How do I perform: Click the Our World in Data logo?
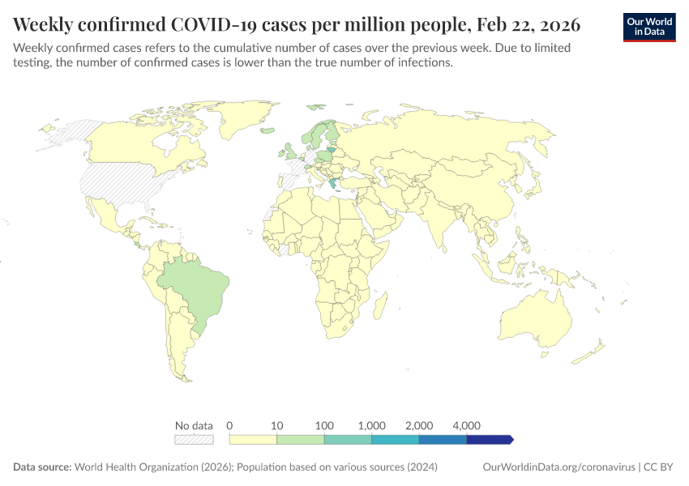[x=649, y=27]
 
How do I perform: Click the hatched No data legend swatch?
[x=194, y=439]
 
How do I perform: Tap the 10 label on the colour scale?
[x=276, y=425]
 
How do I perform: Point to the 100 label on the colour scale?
[x=324, y=425]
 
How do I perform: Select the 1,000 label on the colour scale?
[x=371, y=425]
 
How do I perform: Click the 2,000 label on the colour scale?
[x=419, y=425]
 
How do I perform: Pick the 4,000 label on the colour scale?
[x=467, y=425]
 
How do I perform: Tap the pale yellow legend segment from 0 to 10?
[x=253, y=439]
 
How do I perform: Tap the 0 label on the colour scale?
[x=230, y=425]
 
